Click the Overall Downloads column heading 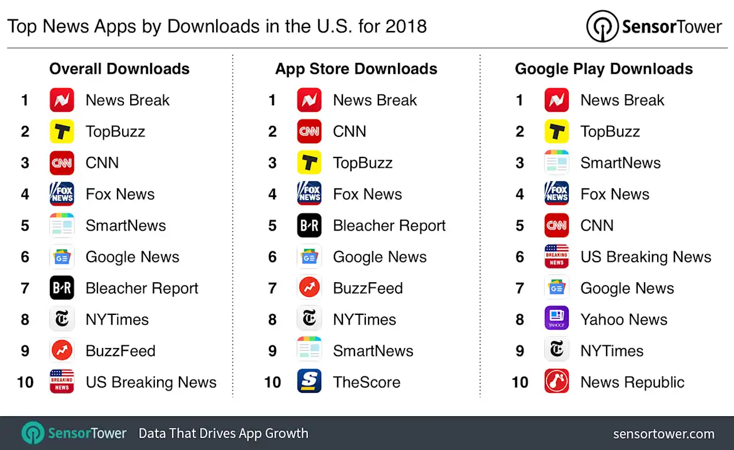[119, 69]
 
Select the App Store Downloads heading [356, 69]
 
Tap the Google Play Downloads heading [604, 69]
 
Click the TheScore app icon [309, 381]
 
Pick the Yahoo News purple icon [556, 319]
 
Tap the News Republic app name [632, 382]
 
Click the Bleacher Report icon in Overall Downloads [61, 288]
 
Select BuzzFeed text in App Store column [368, 288]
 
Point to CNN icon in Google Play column [556, 225]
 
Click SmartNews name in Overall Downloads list [126, 226]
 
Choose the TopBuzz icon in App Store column [309, 163]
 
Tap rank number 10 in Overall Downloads [25, 382]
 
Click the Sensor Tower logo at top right [654, 27]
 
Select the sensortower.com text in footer [663, 434]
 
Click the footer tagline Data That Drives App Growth [223, 433]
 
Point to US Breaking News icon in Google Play [556, 256]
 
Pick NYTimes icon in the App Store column [309, 319]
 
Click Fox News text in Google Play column [615, 194]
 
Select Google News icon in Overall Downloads [61, 256]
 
